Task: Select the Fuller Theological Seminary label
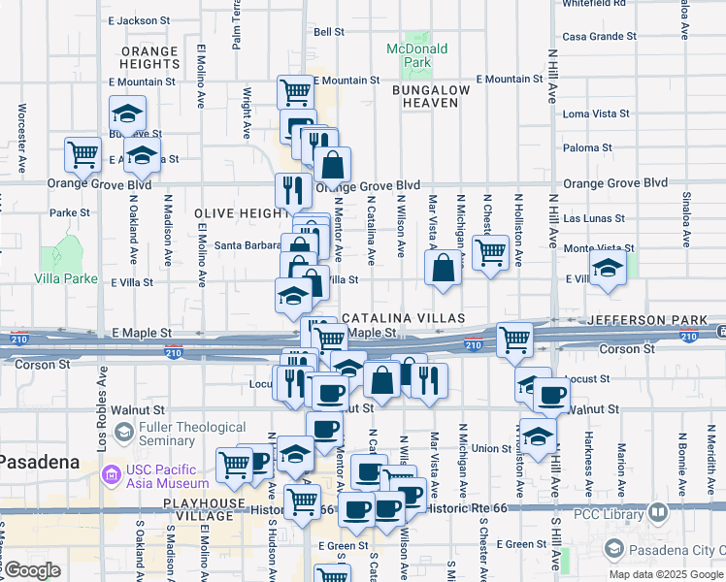pos(193,434)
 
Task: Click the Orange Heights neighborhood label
pos(150,57)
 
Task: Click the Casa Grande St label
pos(599,36)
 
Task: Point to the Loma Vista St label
pos(596,113)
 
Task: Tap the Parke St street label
pos(70,212)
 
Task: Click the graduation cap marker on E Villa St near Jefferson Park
pos(608,271)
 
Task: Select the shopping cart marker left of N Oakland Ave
pos(83,154)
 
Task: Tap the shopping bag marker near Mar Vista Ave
pos(443,270)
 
